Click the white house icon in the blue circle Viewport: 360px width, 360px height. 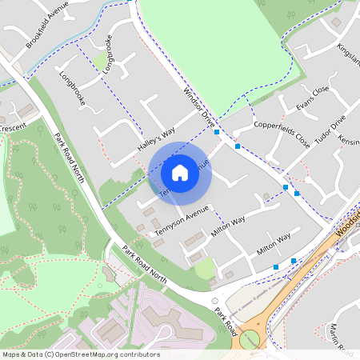click(x=180, y=173)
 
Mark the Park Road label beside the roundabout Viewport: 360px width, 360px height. click(x=226, y=313)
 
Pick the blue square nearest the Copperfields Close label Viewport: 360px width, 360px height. click(x=238, y=146)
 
